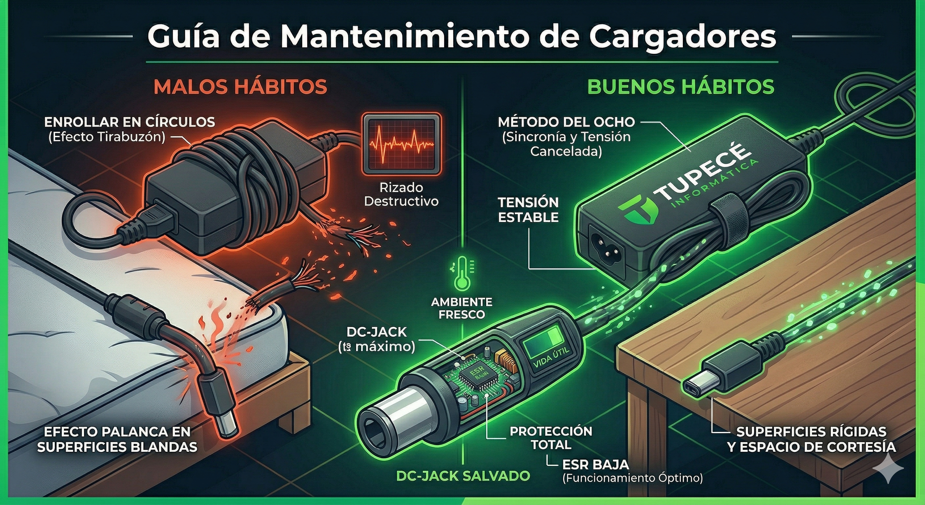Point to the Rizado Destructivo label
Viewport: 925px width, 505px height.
(x=401, y=194)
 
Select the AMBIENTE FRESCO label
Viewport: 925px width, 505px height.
(x=462, y=308)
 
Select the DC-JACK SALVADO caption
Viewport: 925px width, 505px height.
(x=463, y=476)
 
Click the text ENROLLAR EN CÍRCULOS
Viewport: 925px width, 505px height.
(x=130, y=122)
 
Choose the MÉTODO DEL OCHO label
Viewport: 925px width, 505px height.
(x=566, y=122)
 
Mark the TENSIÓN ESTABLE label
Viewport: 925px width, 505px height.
(x=528, y=210)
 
